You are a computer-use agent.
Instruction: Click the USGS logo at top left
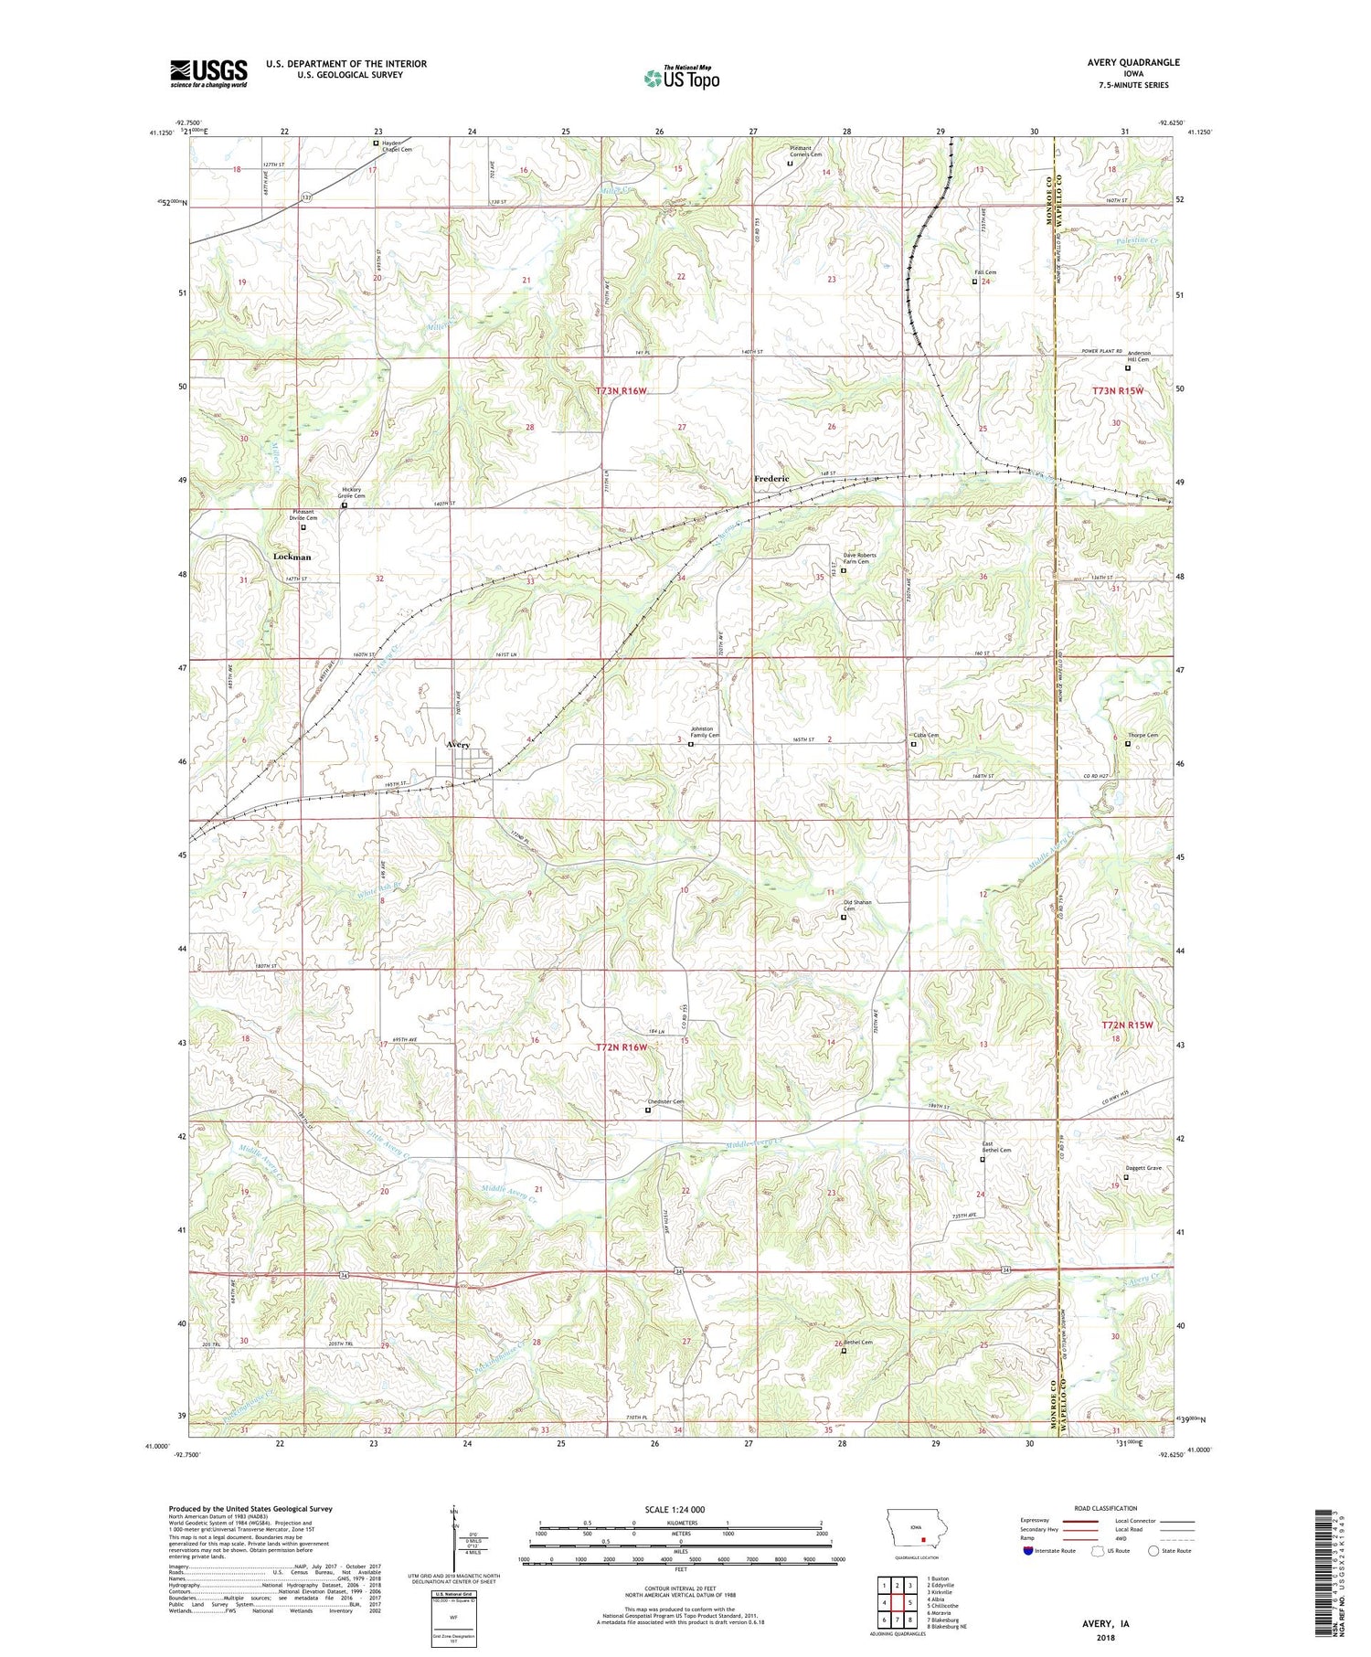pos(208,73)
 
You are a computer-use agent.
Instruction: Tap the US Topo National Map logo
pos(681,78)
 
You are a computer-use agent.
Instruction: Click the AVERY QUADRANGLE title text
pos(1127,62)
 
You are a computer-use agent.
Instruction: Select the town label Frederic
pos(771,479)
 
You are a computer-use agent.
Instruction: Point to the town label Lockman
pos(292,557)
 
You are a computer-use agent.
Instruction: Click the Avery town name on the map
pos(458,745)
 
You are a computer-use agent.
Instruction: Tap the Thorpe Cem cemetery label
pos(1142,736)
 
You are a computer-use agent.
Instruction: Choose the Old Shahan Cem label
pos(857,906)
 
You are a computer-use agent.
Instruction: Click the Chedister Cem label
pos(665,1101)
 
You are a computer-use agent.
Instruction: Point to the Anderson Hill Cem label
pos(1139,356)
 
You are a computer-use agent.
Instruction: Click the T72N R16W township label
pos(622,1047)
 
